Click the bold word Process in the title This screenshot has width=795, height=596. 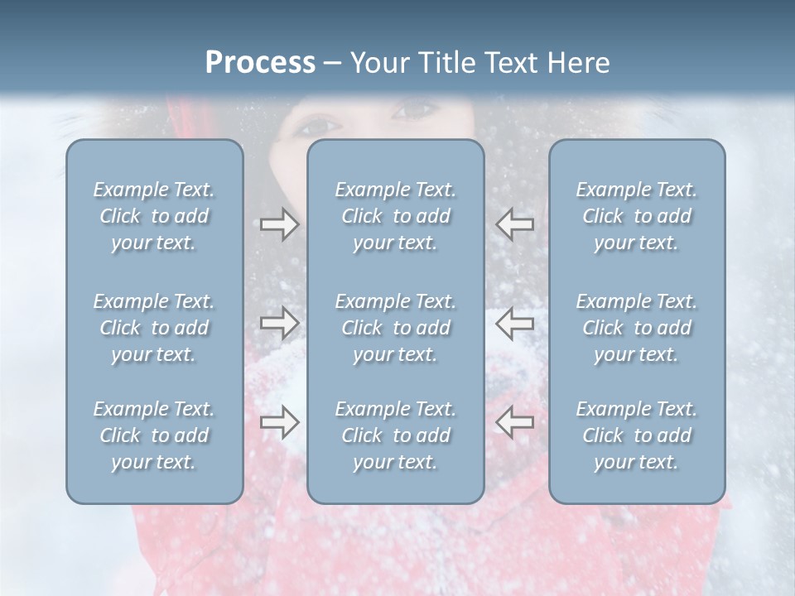(260, 63)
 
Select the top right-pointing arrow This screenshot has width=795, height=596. (279, 224)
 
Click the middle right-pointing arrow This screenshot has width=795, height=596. (279, 323)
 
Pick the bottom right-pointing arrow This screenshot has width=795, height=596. (279, 422)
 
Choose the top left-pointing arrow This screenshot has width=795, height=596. (514, 223)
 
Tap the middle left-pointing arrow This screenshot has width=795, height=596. (514, 323)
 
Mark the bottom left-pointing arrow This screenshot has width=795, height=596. (514, 422)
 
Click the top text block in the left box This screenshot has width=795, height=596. (154, 216)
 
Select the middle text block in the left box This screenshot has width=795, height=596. (154, 328)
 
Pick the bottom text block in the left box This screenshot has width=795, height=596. (154, 435)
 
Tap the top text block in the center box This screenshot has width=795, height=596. (396, 216)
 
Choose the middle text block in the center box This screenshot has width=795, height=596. (396, 328)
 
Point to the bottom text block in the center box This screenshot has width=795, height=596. (396, 435)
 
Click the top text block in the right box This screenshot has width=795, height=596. (637, 216)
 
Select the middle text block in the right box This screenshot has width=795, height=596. (637, 328)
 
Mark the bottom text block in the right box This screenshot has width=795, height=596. (637, 435)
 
